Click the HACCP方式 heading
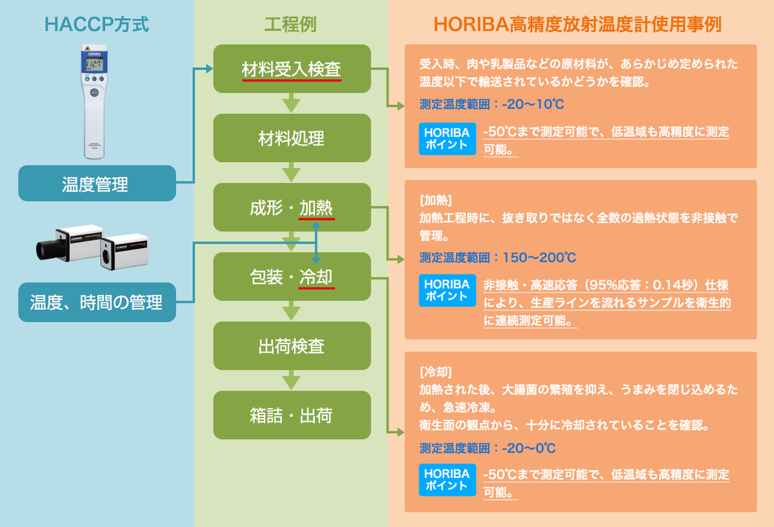tap(97, 25)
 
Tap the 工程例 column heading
tap(290, 25)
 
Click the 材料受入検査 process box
tap(292, 68)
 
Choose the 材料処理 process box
tap(292, 138)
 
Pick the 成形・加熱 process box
tap(292, 207)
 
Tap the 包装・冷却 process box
tap(292, 276)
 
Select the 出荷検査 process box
tap(292, 346)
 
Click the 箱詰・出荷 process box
tap(292, 415)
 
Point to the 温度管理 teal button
tap(97, 183)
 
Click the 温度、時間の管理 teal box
tap(97, 302)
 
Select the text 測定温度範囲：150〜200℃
tap(497, 258)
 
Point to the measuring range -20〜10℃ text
tap(497, 104)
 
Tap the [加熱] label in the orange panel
tap(435, 198)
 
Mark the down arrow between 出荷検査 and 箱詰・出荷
tap(292, 380)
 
